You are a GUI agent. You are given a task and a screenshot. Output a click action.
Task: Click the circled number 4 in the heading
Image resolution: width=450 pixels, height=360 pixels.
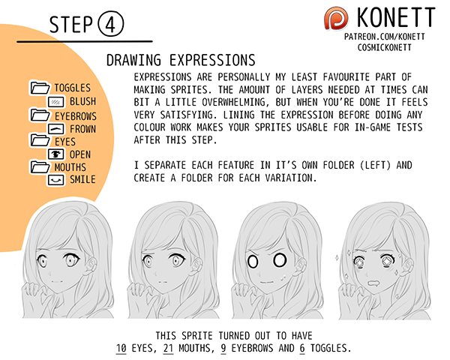pyautogui.click(x=111, y=25)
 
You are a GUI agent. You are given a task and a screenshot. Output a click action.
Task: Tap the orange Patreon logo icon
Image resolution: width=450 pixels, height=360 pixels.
pyautogui.click(x=336, y=18)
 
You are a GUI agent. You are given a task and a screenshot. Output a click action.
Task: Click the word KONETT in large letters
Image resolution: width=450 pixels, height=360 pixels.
pyautogui.click(x=396, y=17)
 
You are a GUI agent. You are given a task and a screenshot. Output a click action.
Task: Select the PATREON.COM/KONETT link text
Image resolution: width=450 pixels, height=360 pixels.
pyautogui.click(x=385, y=37)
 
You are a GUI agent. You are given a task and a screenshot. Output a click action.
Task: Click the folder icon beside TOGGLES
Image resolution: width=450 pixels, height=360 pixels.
pyautogui.click(x=40, y=87)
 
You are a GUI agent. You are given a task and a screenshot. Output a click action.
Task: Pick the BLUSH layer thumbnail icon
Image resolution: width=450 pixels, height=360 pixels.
pyautogui.click(x=55, y=102)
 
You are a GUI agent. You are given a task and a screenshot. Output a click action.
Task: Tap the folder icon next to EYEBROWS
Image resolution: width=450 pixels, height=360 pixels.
pyautogui.click(x=40, y=115)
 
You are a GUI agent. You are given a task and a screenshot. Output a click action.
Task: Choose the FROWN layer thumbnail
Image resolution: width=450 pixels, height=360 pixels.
pyautogui.click(x=55, y=129)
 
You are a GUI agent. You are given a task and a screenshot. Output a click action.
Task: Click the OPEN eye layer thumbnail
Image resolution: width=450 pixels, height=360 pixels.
pyautogui.click(x=55, y=154)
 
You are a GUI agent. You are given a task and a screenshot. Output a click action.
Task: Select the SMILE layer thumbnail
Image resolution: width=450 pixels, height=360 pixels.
pyautogui.click(x=55, y=180)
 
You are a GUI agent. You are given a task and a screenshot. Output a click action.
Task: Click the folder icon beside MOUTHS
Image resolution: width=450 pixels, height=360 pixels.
pyautogui.click(x=40, y=166)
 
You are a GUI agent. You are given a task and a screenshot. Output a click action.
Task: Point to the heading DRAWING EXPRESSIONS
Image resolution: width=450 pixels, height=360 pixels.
pyautogui.click(x=181, y=60)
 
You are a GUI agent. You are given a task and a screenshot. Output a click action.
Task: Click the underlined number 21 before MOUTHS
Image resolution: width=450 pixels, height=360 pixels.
pyautogui.click(x=168, y=348)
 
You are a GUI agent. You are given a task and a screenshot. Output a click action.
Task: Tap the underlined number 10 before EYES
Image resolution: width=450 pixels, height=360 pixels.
pyautogui.click(x=121, y=348)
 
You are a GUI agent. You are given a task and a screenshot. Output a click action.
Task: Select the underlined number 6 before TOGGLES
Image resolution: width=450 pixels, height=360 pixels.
pyautogui.click(x=302, y=348)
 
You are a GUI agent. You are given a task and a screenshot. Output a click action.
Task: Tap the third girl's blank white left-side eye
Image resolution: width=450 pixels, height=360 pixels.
pyautogui.click(x=253, y=261)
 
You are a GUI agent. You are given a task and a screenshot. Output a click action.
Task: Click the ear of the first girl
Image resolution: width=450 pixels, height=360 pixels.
pyautogui.click(x=91, y=264)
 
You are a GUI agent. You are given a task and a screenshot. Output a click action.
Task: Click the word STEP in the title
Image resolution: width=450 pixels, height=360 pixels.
pyautogui.click(x=71, y=25)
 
